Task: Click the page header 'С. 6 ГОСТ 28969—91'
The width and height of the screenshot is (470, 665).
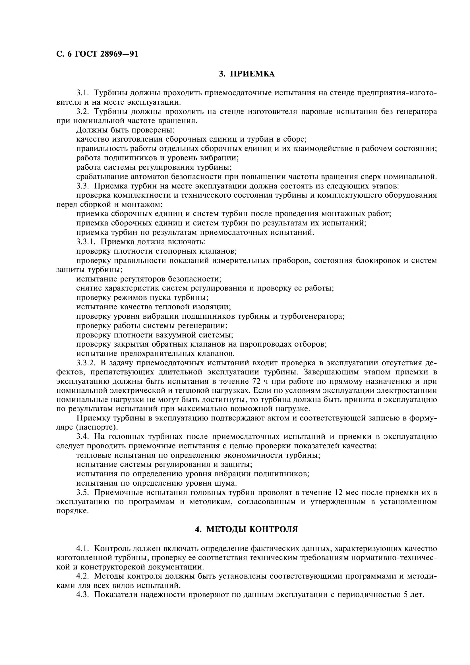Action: click(97, 54)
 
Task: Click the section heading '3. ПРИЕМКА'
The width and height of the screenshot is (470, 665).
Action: click(247, 74)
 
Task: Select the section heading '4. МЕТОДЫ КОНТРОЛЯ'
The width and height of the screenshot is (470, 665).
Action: click(247, 529)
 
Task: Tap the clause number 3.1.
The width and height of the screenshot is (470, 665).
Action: click(83, 93)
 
